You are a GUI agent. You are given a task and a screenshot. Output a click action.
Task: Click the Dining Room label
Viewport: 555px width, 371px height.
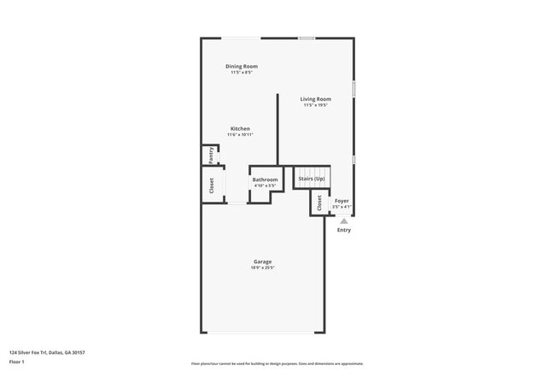tap(242, 66)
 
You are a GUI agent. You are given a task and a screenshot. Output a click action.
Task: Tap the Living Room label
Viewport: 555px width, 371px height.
tap(316, 99)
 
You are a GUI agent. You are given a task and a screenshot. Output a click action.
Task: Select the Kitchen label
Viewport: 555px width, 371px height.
tap(240, 128)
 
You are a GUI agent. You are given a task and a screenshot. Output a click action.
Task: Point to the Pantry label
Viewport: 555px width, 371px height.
tap(211, 156)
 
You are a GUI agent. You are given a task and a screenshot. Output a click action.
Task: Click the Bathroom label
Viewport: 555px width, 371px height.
tap(265, 180)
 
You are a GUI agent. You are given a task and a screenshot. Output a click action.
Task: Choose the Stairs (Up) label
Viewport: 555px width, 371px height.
tap(313, 178)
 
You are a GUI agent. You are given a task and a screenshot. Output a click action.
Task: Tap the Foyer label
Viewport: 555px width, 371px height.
tap(342, 201)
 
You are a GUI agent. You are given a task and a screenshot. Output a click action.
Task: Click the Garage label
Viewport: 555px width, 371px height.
tap(262, 262)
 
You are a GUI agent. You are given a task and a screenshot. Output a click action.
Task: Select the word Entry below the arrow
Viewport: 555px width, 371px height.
tap(344, 230)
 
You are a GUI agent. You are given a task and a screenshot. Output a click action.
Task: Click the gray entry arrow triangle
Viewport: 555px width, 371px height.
tap(344, 221)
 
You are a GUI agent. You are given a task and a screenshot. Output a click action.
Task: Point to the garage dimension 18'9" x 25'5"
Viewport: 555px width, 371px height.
tap(262, 268)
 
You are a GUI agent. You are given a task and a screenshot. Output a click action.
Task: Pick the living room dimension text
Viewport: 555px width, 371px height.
tap(316, 105)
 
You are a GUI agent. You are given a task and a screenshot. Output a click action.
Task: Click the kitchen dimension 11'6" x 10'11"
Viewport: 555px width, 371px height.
tap(240, 135)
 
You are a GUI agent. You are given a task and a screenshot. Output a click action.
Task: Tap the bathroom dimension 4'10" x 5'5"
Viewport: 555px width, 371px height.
tap(265, 185)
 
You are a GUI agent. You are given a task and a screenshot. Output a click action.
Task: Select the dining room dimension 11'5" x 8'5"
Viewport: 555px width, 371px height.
tap(242, 72)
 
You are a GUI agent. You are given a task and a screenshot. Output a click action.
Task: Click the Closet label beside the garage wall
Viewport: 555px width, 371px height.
tap(212, 185)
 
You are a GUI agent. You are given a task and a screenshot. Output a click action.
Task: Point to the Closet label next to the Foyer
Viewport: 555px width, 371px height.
tap(319, 203)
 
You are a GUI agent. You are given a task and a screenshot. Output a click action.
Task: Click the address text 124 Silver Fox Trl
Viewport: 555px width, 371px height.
tap(47, 352)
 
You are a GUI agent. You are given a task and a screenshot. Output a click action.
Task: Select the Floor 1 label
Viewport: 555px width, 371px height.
tap(17, 362)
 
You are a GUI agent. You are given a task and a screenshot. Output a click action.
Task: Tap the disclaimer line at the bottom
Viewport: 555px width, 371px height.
tap(277, 363)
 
